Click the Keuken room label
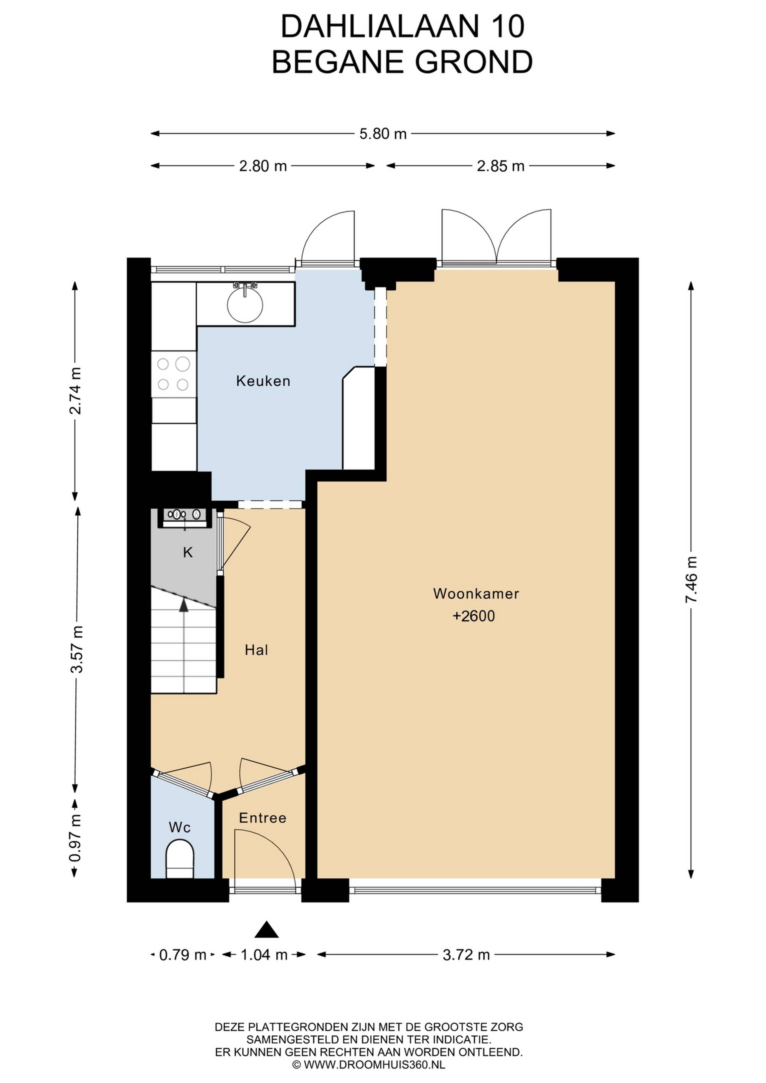pyautogui.click(x=263, y=381)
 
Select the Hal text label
pyautogui.click(x=256, y=651)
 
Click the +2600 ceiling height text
pyautogui.click(x=474, y=616)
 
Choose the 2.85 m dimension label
pyautogui.click(x=500, y=166)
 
